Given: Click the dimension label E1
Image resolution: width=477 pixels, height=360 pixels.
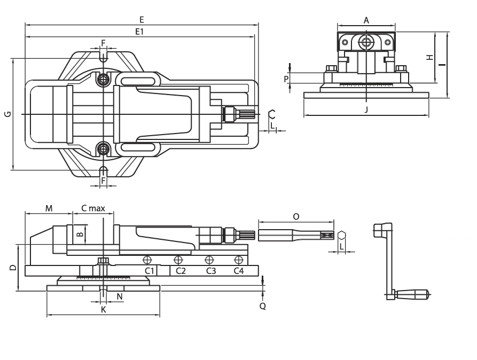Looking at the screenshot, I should (x=140, y=32).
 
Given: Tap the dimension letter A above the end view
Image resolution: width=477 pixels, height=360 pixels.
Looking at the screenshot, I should (x=366, y=20).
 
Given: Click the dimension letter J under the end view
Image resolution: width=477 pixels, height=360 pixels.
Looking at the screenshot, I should (x=366, y=109).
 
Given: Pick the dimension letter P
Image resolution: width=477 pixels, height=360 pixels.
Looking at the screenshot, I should (x=286, y=79).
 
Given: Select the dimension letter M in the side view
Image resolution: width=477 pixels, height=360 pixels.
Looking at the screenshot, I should (x=48, y=208).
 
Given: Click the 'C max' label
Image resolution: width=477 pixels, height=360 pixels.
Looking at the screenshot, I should (x=92, y=208).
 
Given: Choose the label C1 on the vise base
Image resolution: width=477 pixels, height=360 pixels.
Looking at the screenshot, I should (x=151, y=271).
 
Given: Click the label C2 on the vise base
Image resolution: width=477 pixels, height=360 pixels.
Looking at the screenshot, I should (x=181, y=271).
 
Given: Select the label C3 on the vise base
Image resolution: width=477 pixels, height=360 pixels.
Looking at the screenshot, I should (x=211, y=271).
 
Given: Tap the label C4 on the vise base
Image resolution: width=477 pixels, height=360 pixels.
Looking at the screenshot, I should (x=239, y=271).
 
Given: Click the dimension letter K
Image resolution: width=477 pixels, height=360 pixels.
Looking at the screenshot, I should (x=104, y=309).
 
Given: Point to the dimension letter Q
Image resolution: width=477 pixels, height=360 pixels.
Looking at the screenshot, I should (x=262, y=306).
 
